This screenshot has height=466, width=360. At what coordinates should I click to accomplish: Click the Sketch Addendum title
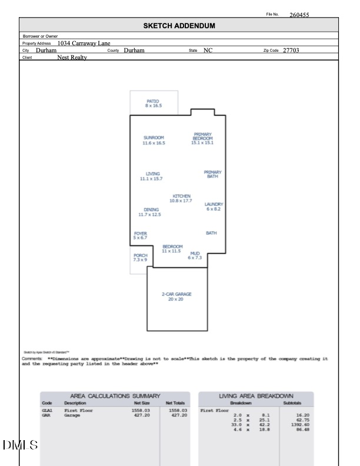tap(179, 26)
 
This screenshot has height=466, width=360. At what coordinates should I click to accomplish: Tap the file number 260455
tap(299, 15)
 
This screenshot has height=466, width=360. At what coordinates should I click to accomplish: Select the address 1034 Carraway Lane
tap(84, 43)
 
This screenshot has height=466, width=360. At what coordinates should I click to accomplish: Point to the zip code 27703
tap(291, 51)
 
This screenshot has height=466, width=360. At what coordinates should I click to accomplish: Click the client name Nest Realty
tap(72, 58)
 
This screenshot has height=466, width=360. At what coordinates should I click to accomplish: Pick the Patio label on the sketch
tap(152, 104)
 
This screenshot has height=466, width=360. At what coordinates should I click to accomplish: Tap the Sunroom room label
tap(154, 140)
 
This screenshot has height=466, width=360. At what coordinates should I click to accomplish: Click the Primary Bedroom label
tap(202, 138)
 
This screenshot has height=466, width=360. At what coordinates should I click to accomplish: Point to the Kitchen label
tap(181, 198)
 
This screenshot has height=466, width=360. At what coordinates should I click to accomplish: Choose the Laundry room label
tap(214, 207)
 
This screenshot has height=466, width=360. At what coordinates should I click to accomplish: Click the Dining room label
tap(151, 212)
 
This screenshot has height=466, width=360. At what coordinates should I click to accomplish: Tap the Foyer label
tap(140, 235)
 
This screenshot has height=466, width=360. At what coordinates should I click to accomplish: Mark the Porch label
tap(140, 257)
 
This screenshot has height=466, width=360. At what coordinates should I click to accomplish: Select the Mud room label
tap(195, 255)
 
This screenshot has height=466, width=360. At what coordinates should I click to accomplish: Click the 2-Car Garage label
tap(177, 297)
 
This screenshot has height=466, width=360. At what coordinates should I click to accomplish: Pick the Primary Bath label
tap(212, 174)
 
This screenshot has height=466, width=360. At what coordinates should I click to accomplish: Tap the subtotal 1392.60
tap(301, 424)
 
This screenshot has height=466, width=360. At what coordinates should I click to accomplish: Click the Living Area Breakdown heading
tap(256, 397)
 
